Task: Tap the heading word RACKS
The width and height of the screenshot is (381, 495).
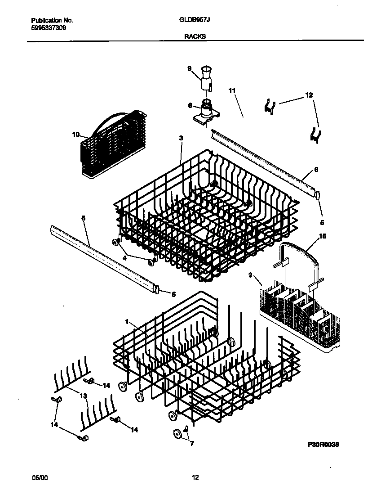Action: (x=195, y=38)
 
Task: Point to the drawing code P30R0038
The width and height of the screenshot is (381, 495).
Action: (x=323, y=444)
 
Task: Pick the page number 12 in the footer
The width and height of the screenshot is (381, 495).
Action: (x=195, y=477)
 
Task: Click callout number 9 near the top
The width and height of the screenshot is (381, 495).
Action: (x=189, y=68)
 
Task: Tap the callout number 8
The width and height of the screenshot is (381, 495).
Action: (x=190, y=106)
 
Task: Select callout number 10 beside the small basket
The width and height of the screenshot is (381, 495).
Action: (x=75, y=134)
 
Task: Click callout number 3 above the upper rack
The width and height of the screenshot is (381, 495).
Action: (x=181, y=139)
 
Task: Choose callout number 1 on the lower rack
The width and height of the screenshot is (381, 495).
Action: (x=127, y=322)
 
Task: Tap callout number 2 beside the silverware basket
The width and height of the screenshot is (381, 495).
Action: (x=250, y=274)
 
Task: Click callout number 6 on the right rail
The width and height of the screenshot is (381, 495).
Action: (x=316, y=170)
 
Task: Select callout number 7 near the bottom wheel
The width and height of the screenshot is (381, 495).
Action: (x=192, y=444)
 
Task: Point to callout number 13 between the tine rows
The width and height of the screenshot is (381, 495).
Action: (x=83, y=396)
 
